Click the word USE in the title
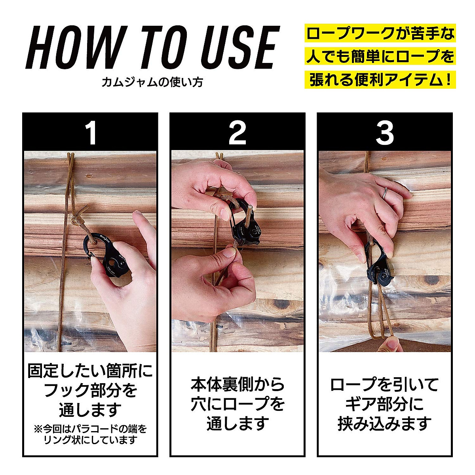pos(240,47)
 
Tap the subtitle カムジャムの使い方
pos(152,82)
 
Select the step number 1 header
pos(91,133)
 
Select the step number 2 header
pos(237,133)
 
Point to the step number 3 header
pos(384,133)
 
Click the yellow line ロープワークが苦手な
pos(380,33)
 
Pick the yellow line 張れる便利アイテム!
pos(380,80)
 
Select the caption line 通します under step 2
pos(237,423)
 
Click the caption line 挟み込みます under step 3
pos(384,424)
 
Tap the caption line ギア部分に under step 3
pos(384,404)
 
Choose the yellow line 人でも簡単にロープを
pos(380,56)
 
